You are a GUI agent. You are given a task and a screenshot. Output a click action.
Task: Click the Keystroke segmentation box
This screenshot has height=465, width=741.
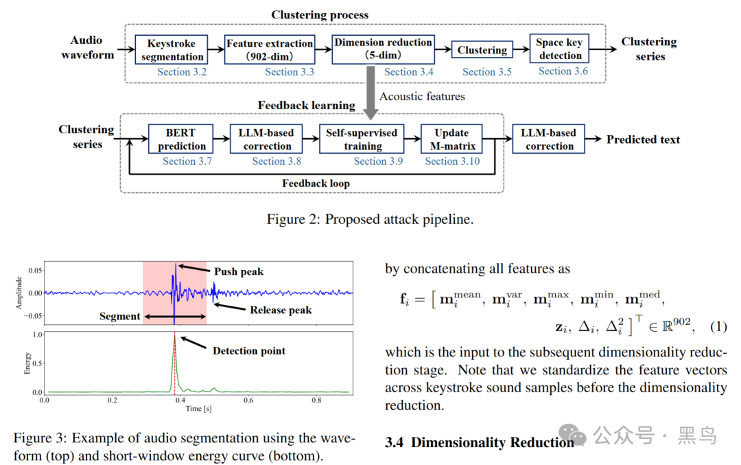(x=171, y=49)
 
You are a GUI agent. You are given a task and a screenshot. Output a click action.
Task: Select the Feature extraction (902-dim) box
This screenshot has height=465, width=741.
(x=270, y=49)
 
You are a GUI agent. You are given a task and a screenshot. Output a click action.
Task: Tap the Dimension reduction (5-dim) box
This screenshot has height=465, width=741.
(x=384, y=49)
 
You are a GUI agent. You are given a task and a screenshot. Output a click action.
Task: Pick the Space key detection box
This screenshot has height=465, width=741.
(x=559, y=49)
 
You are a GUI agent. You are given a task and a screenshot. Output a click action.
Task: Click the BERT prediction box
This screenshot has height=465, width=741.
(x=180, y=139)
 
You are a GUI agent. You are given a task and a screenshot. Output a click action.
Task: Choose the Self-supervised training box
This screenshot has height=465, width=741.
(x=362, y=139)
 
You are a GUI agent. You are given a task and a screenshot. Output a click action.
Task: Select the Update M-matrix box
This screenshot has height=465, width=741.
(x=451, y=139)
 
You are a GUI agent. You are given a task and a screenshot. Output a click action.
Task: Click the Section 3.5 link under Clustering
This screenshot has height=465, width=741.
(x=486, y=72)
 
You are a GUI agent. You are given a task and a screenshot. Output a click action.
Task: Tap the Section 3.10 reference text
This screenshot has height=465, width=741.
(x=452, y=161)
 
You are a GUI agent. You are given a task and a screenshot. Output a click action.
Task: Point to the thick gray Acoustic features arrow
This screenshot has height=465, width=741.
(x=371, y=93)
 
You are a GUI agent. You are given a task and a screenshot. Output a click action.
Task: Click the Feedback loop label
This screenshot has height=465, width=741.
(x=316, y=183)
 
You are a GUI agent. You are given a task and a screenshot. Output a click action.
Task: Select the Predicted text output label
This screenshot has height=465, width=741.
(x=643, y=139)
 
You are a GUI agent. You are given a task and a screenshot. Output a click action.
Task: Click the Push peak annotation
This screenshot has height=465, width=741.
(x=239, y=271)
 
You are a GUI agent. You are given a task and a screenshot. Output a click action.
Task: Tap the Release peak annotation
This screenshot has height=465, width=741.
(x=281, y=310)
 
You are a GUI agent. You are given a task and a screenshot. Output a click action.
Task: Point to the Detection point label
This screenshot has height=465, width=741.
(x=249, y=350)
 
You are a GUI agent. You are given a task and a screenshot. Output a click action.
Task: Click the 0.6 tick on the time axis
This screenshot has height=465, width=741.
(x=248, y=400)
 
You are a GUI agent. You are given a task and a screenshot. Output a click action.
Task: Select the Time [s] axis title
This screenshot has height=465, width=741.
(x=198, y=408)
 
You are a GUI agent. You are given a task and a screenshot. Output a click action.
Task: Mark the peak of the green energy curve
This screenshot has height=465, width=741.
(x=175, y=334)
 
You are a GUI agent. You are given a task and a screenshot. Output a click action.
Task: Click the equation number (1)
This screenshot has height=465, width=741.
(x=718, y=326)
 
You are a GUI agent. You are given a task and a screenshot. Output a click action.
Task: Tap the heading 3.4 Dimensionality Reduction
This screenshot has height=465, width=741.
(x=479, y=442)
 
